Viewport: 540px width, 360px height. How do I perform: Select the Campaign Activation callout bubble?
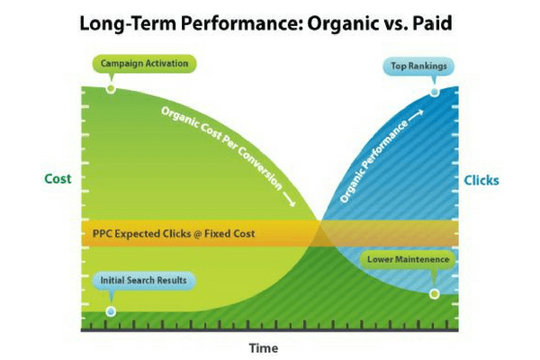144,65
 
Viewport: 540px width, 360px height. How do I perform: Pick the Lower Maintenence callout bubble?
407,259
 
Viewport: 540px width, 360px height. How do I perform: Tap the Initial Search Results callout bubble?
143,280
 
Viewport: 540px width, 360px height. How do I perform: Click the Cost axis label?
58,179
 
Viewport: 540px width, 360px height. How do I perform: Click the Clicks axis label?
481,181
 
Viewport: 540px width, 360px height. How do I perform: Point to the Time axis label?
264,347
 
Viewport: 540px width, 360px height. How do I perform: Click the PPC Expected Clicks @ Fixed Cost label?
174,234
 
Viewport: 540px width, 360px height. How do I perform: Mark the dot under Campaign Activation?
111,88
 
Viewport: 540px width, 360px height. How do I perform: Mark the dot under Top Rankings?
435,91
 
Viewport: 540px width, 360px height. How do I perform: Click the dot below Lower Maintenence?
434,293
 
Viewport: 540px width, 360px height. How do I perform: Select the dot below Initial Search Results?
111,311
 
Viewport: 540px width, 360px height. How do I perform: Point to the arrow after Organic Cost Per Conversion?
289,200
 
